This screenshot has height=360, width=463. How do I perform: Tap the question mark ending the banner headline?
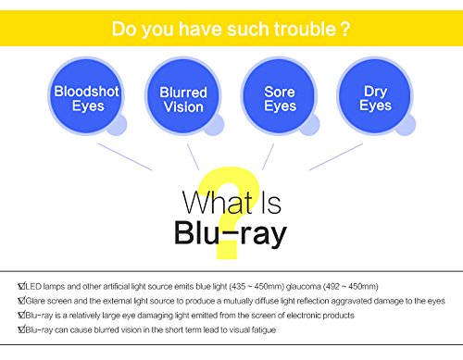pos(345,29)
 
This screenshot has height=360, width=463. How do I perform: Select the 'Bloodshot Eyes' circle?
pos(86,96)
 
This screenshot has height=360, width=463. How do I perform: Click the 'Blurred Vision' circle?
pos(183,96)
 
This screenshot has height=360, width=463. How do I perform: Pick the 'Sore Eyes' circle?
pos(280,96)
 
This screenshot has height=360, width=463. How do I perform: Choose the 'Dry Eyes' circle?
pos(375,96)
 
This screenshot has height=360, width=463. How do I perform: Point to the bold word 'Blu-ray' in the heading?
pos(231,233)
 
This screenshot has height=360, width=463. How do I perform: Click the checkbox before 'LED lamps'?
pos(21,286)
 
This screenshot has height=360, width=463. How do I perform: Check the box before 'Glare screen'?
pos(21,300)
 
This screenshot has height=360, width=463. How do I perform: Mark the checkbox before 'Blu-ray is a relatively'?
pos(21,315)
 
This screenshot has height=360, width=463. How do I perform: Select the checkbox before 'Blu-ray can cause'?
pos(21,329)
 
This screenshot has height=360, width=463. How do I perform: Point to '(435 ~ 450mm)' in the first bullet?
pos(257,287)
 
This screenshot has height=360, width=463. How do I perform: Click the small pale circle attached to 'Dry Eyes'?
pos(406,125)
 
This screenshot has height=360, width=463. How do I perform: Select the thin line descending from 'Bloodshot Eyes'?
pos(125,156)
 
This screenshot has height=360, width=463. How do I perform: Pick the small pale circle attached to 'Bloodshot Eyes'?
pos(117,125)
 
